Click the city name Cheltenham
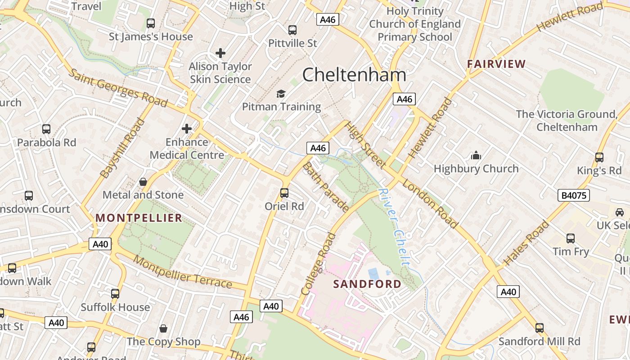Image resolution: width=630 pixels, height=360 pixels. (x=354, y=75)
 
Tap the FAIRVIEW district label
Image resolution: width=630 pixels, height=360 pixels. (x=496, y=64)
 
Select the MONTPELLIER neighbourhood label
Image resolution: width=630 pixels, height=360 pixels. (x=139, y=218)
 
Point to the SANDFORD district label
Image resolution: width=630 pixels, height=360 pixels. (x=367, y=284)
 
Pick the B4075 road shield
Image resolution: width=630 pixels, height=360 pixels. (x=573, y=195)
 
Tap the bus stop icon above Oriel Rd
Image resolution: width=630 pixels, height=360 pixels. (x=284, y=193)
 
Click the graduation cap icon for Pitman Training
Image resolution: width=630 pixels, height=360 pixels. (x=281, y=94)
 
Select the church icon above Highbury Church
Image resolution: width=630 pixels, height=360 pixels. (x=476, y=156)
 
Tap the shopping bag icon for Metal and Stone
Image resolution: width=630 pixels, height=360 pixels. (x=143, y=182)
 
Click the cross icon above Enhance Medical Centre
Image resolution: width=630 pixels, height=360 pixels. (x=187, y=129)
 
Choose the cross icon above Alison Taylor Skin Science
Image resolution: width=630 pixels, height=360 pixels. (x=220, y=53)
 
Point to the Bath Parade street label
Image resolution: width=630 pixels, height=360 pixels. (x=325, y=187)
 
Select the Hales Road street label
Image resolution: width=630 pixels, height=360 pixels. (x=526, y=243)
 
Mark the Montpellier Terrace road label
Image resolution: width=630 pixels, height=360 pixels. (x=183, y=273)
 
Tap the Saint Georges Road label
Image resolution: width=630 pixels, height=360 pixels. (x=118, y=89)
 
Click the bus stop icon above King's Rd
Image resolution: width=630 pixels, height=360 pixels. (x=599, y=157)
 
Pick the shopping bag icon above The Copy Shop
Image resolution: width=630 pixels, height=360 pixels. (x=163, y=328)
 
